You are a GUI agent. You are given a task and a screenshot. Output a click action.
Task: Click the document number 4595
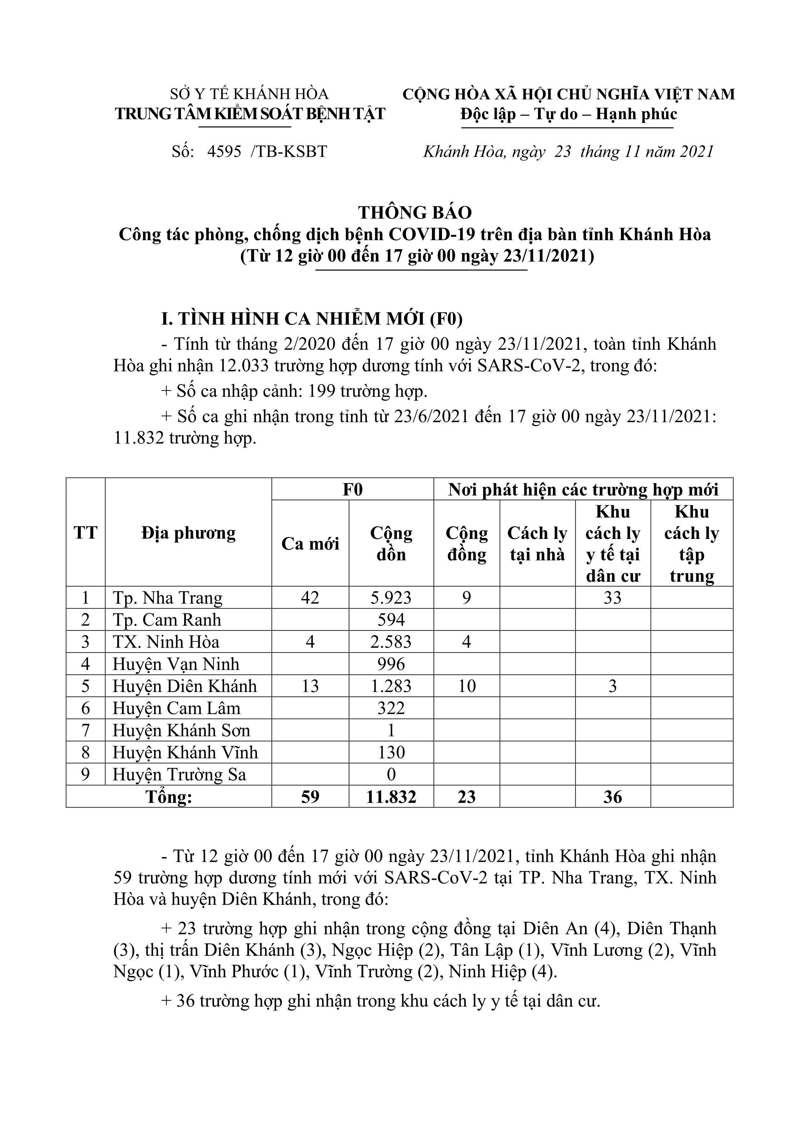(x=224, y=152)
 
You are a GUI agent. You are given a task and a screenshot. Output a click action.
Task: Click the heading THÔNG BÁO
(x=415, y=212)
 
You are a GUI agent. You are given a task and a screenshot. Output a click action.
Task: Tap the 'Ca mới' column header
(x=310, y=543)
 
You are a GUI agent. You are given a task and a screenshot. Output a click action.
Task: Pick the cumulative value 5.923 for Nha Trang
(x=391, y=598)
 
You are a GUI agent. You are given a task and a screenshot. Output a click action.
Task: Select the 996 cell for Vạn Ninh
(x=391, y=664)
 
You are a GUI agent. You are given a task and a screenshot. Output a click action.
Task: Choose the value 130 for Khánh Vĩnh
(x=391, y=752)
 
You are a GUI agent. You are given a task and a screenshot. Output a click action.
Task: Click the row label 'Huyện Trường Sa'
(x=179, y=775)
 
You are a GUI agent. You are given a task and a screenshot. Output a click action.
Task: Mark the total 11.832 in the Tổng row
(x=391, y=797)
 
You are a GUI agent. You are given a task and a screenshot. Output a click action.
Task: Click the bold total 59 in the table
(x=310, y=797)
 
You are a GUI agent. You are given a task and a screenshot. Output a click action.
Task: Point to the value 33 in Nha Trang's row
(x=612, y=598)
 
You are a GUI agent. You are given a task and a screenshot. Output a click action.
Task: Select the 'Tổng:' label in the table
(x=169, y=797)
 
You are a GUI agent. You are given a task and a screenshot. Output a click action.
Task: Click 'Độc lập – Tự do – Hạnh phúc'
(x=569, y=114)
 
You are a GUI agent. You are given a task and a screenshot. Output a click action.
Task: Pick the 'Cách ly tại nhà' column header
(x=537, y=543)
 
